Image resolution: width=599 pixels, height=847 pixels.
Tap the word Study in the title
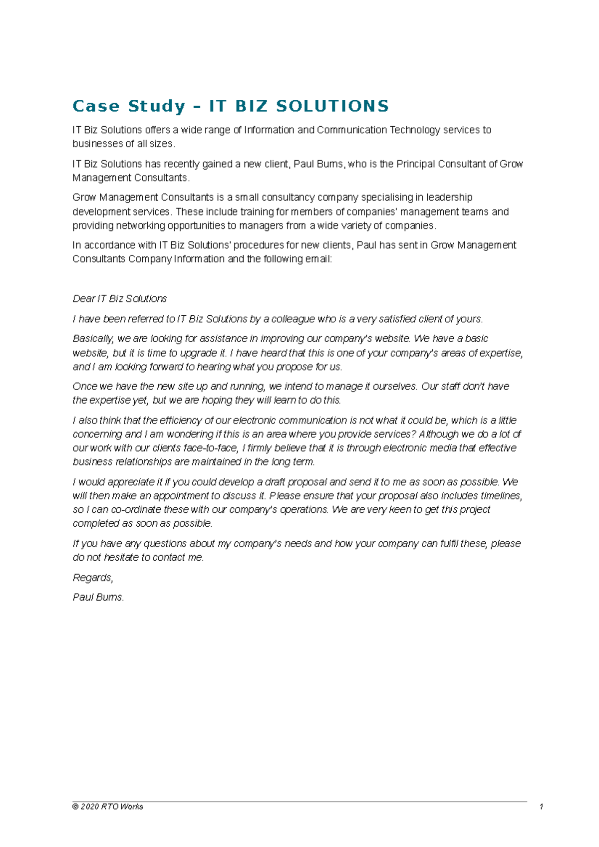click(x=157, y=106)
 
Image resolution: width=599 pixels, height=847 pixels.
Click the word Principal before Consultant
click(x=415, y=164)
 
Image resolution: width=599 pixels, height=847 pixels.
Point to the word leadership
click(x=449, y=198)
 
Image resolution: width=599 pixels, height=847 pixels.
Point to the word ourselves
click(x=395, y=387)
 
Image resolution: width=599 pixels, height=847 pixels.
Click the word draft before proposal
click(x=275, y=482)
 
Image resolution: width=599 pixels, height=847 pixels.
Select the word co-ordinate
click(x=128, y=510)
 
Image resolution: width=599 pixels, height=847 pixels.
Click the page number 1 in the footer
click(x=541, y=807)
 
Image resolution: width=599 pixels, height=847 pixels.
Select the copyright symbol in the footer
click(x=75, y=807)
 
